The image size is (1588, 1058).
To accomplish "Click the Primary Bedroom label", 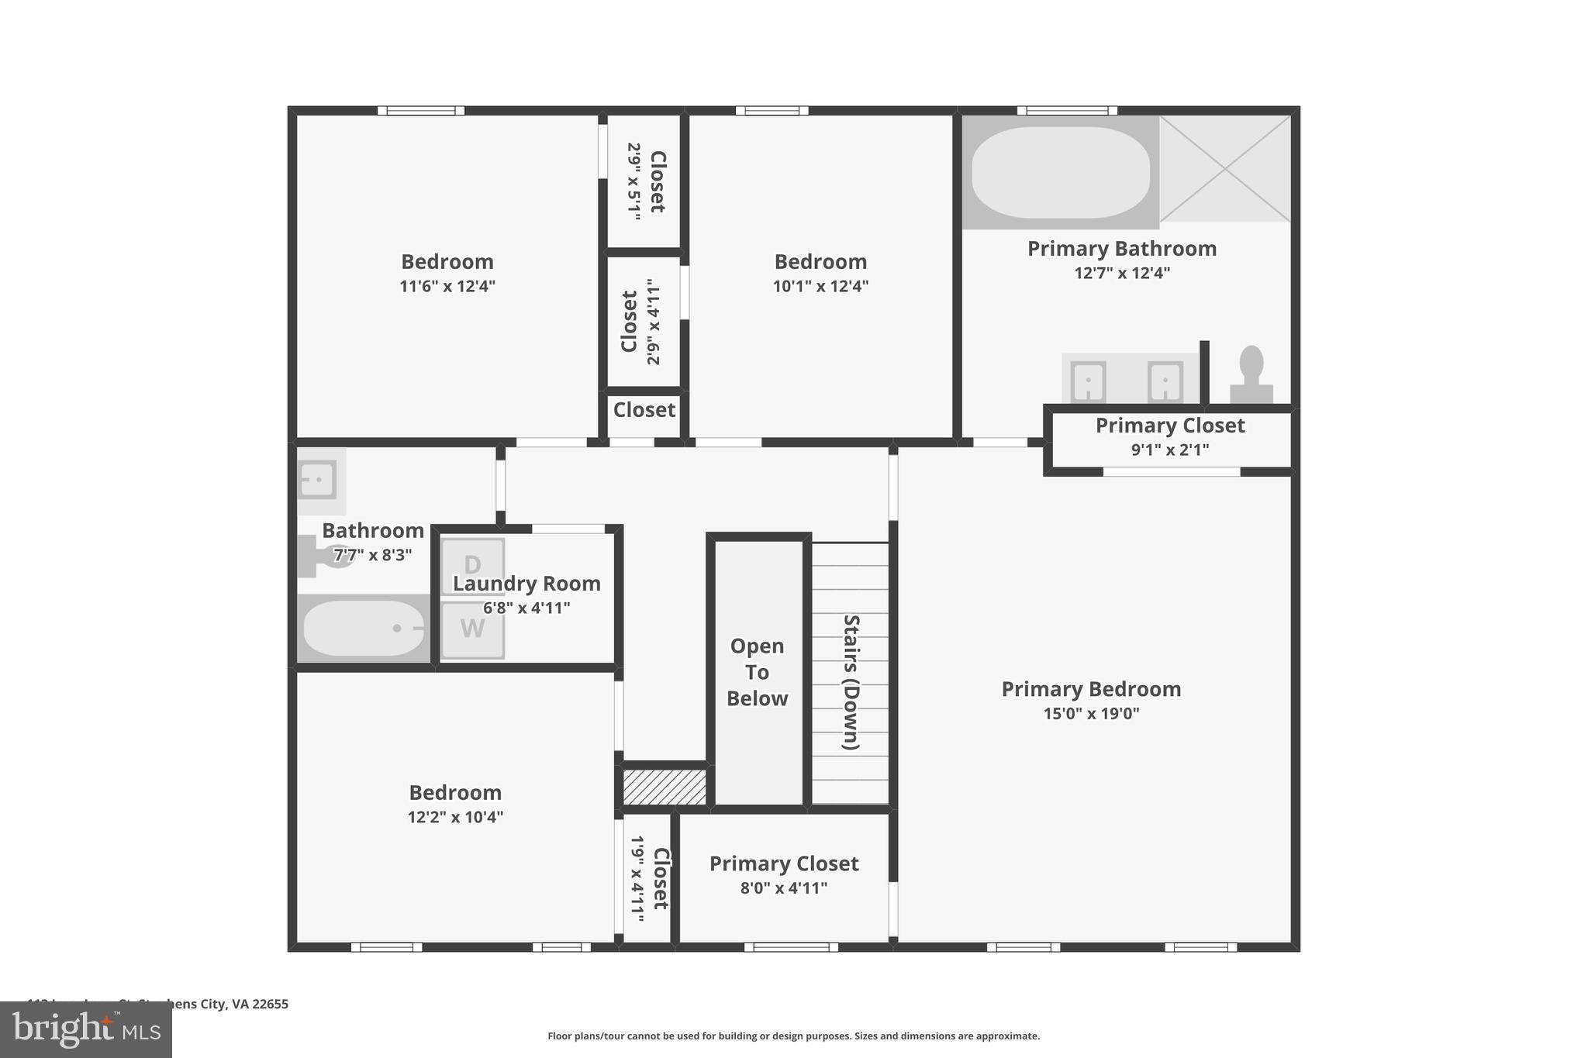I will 1091,689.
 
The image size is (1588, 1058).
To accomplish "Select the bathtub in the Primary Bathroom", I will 1060,173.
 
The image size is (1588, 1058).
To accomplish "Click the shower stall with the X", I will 1225,169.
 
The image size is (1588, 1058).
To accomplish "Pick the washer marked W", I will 472,629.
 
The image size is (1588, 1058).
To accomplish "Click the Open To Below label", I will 758,672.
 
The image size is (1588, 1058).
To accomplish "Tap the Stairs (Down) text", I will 851,682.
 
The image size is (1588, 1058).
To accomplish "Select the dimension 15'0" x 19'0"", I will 1091,714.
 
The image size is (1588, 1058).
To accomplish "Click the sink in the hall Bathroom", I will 317,480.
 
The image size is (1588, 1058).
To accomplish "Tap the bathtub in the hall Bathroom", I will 363,629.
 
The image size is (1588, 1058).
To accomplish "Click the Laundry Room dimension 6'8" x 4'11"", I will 526,608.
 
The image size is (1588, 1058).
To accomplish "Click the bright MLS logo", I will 85,1030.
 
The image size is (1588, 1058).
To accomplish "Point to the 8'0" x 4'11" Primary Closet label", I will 784,863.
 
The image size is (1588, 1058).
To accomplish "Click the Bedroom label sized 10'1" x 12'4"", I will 820,262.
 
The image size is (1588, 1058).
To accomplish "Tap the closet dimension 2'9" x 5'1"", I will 635,181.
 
